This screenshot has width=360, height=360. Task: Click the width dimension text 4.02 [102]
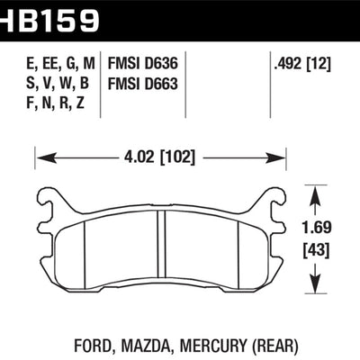(165, 160)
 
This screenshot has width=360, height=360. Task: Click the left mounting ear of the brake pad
(51, 200)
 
